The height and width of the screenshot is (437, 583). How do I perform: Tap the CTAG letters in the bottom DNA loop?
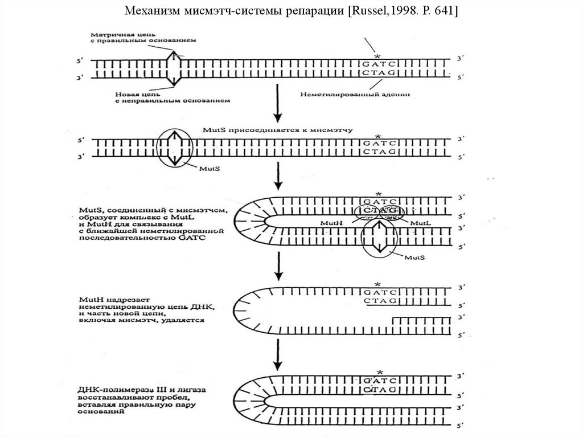pyautogui.click(x=378, y=390)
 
